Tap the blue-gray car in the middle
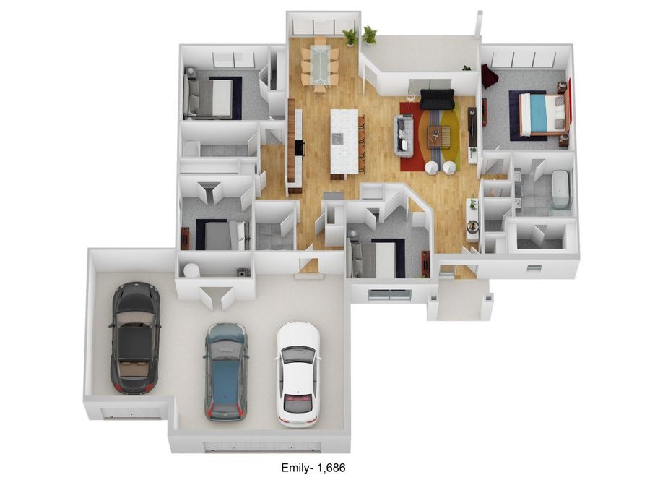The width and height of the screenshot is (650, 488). click(x=226, y=371)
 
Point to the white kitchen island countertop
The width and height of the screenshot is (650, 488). click(x=344, y=141)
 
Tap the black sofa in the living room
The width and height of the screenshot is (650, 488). click(x=436, y=98)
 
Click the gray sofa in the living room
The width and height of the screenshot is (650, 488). click(x=404, y=135)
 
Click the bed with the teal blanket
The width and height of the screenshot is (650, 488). click(x=539, y=114)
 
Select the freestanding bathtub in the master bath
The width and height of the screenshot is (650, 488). click(x=560, y=189)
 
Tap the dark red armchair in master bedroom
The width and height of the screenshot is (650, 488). click(x=490, y=75)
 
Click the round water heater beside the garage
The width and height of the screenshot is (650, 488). click(x=191, y=270)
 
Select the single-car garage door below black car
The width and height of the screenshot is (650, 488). click(x=130, y=414)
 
